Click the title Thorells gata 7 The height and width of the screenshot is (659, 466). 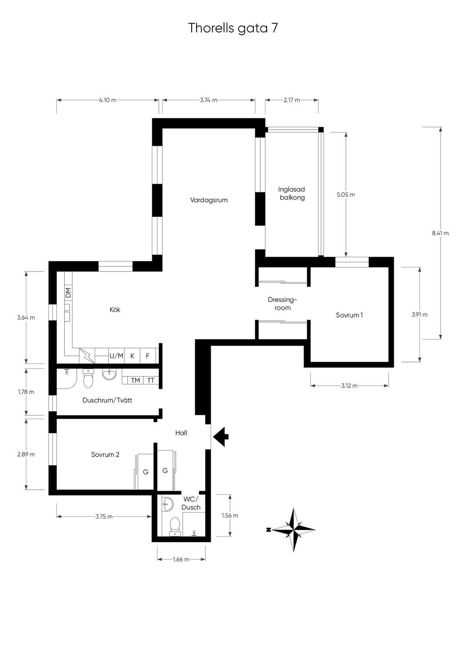point(233,29)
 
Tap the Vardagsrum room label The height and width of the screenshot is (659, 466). point(209,201)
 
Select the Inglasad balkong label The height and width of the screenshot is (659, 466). point(292,193)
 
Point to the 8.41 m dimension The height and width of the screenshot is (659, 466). point(440,233)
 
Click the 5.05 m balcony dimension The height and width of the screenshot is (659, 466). point(346,195)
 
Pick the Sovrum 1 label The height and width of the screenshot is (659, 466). point(349,315)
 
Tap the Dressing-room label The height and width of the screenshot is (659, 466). point(282,304)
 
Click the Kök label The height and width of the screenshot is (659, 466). point(115,310)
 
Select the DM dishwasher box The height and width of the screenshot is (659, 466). point(68,292)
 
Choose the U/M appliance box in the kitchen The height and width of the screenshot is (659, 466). point(116,356)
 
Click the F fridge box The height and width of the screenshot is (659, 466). point(148,356)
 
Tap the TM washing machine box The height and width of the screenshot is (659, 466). point(136,380)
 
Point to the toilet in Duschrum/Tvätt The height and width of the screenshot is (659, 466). point(88,378)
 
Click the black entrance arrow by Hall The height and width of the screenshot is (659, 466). point(221,437)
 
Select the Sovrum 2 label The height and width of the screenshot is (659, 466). point(105,454)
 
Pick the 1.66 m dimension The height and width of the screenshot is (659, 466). point(181,559)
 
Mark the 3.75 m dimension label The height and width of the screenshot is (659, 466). point(104,516)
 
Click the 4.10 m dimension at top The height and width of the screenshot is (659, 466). point(107,100)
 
